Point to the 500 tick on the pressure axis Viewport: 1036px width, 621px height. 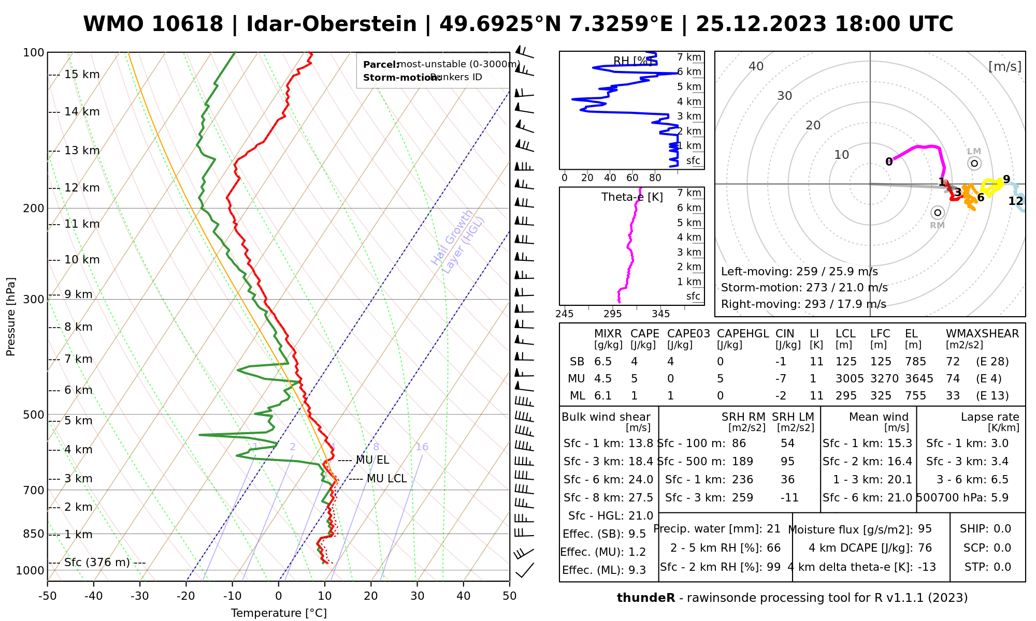34,415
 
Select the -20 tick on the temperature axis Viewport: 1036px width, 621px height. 186,596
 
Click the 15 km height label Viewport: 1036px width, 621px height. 82,75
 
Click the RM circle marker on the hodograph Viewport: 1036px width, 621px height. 937,213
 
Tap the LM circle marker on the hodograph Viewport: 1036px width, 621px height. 974,164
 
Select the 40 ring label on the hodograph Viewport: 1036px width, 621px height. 756,66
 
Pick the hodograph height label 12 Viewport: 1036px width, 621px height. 1016,201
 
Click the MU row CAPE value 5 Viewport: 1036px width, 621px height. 634,379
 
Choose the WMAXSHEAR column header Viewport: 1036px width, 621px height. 982,334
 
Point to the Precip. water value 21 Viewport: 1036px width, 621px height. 773,529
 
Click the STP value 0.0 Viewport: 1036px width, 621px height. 1002,567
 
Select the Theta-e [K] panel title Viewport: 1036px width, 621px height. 632,197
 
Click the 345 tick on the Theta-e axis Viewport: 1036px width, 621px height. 660,314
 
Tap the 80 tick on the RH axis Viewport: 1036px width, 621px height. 655,178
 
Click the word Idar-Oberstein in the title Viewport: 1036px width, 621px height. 332,24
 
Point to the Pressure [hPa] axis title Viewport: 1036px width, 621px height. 11,317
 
